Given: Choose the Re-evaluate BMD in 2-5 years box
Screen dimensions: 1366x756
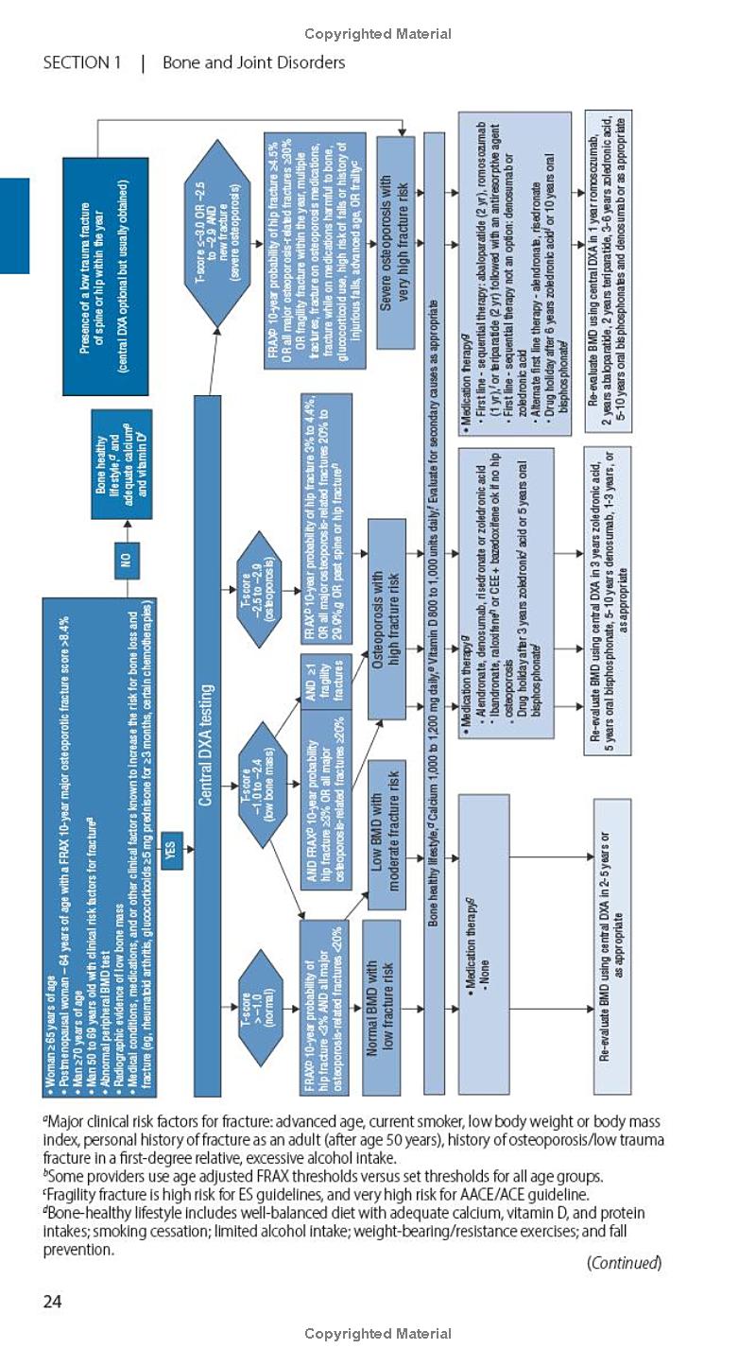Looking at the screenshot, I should click(x=611, y=945).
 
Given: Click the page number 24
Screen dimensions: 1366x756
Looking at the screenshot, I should click(x=52, y=1302).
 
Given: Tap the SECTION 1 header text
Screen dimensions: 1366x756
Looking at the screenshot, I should click(x=82, y=63).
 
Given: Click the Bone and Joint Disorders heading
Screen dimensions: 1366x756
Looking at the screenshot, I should click(x=253, y=63).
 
